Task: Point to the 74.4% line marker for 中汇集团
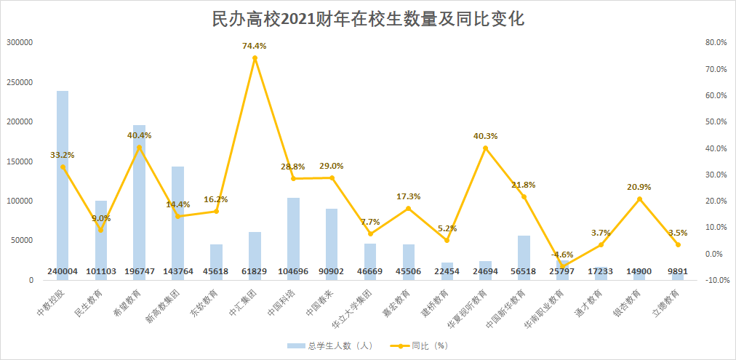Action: click(x=255, y=58)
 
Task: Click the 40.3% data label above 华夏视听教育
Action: click(x=486, y=136)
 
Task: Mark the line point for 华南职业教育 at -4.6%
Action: click(x=563, y=266)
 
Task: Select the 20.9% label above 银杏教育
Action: click(x=640, y=187)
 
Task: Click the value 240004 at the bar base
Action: click(x=63, y=271)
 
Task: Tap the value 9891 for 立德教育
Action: click(x=679, y=271)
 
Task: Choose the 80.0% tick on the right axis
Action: click(x=716, y=43)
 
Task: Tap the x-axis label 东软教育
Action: click(x=207, y=303)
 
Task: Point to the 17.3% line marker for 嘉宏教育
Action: click(x=409, y=209)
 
